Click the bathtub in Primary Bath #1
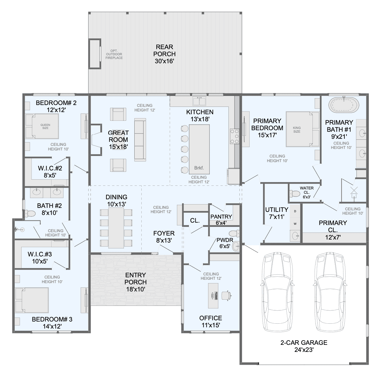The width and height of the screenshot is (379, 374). point(344,105)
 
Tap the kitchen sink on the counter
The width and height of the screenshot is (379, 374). point(199,101)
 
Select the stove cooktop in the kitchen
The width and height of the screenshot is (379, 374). point(235,136)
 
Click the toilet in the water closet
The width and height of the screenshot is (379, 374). point(295,193)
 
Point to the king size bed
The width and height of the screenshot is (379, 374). point(303,129)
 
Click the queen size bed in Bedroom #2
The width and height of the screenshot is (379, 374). point(42,126)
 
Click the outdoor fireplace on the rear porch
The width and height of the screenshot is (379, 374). point(95,54)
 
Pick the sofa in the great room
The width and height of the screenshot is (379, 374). point(140,140)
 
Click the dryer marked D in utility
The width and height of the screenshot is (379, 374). point(295,211)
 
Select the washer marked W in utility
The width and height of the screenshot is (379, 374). point(295,224)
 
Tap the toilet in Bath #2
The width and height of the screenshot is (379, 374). point(30,213)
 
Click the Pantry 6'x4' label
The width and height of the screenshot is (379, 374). point(221,220)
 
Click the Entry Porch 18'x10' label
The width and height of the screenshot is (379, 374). point(136,282)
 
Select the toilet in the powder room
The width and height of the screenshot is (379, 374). point(235,233)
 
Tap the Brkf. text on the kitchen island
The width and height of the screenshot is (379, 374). point(199,168)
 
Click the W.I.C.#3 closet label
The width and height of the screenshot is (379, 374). point(40,254)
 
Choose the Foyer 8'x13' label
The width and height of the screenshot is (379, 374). point(164,237)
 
